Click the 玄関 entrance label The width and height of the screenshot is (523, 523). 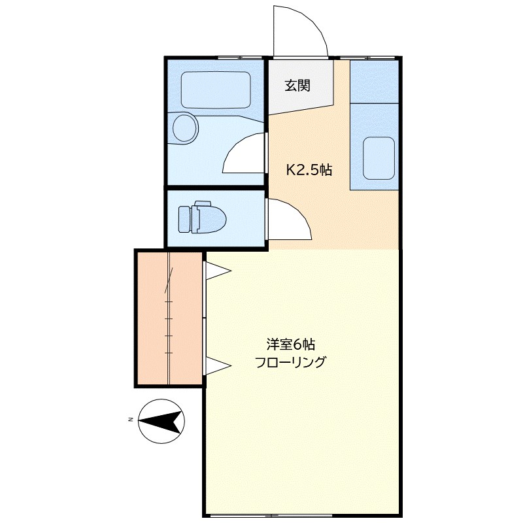(x=297, y=85)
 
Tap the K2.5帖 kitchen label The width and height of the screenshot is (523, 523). (x=310, y=170)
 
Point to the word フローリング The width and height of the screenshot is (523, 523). (x=290, y=362)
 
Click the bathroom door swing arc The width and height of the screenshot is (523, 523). (x=245, y=154)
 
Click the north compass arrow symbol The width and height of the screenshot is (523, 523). (x=161, y=420)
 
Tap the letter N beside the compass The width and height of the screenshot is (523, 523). (x=131, y=419)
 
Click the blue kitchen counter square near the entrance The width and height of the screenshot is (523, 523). (x=375, y=80)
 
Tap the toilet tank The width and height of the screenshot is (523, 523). (x=184, y=218)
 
